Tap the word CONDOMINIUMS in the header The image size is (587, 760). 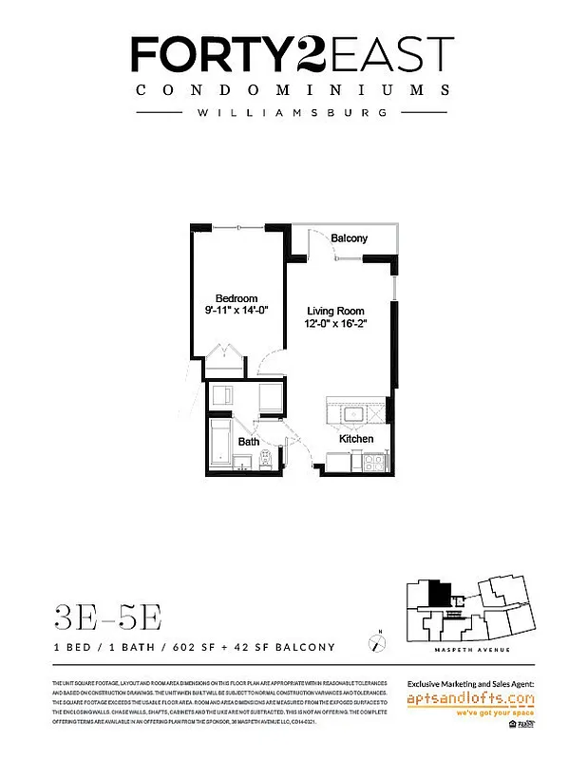293,90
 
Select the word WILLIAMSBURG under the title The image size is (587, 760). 293,112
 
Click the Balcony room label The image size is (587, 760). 349,238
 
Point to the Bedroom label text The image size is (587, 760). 237,298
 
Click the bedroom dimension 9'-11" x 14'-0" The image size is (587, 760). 237,311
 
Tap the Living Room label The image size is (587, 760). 335,311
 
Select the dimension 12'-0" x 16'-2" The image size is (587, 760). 335,324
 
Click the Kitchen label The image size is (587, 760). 356,439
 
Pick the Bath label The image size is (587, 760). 248,442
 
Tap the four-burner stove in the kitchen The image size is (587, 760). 372,463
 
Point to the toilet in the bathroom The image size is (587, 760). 266,460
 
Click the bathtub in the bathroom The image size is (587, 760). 221,443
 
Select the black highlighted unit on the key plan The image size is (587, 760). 439,595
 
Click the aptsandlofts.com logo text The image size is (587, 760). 470,699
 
